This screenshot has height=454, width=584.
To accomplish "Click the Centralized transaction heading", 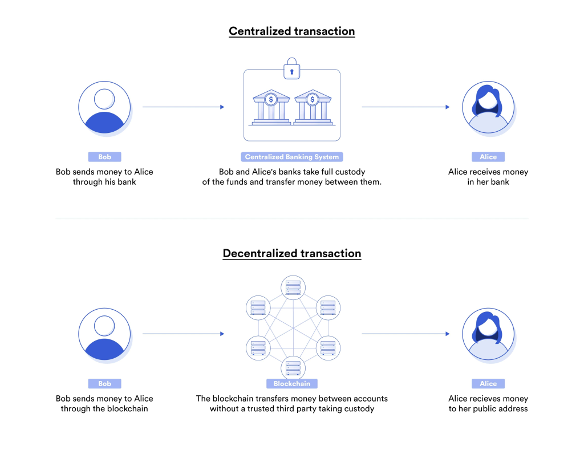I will [x=291, y=31].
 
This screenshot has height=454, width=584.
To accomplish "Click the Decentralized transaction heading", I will [x=291, y=253].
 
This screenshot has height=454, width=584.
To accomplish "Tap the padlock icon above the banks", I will [x=291, y=69].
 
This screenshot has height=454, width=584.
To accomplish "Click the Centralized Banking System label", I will [x=291, y=157].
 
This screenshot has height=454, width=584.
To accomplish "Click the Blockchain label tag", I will [x=291, y=384].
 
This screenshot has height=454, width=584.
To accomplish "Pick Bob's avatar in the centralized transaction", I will [x=104, y=108].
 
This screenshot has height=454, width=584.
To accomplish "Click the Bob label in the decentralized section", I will [x=104, y=384].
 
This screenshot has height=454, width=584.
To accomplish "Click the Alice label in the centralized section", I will [x=488, y=157].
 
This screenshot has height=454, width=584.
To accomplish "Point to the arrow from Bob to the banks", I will [x=183, y=107].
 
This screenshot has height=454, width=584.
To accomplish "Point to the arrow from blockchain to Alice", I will [x=405, y=334].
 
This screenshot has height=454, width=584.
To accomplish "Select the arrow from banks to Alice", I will [x=405, y=107].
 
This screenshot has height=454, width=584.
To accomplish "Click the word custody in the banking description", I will [x=349, y=172].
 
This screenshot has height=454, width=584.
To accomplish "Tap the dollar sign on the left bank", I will [x=271, y=99].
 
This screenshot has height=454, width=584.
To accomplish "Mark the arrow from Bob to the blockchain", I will [x=183, y=334].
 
